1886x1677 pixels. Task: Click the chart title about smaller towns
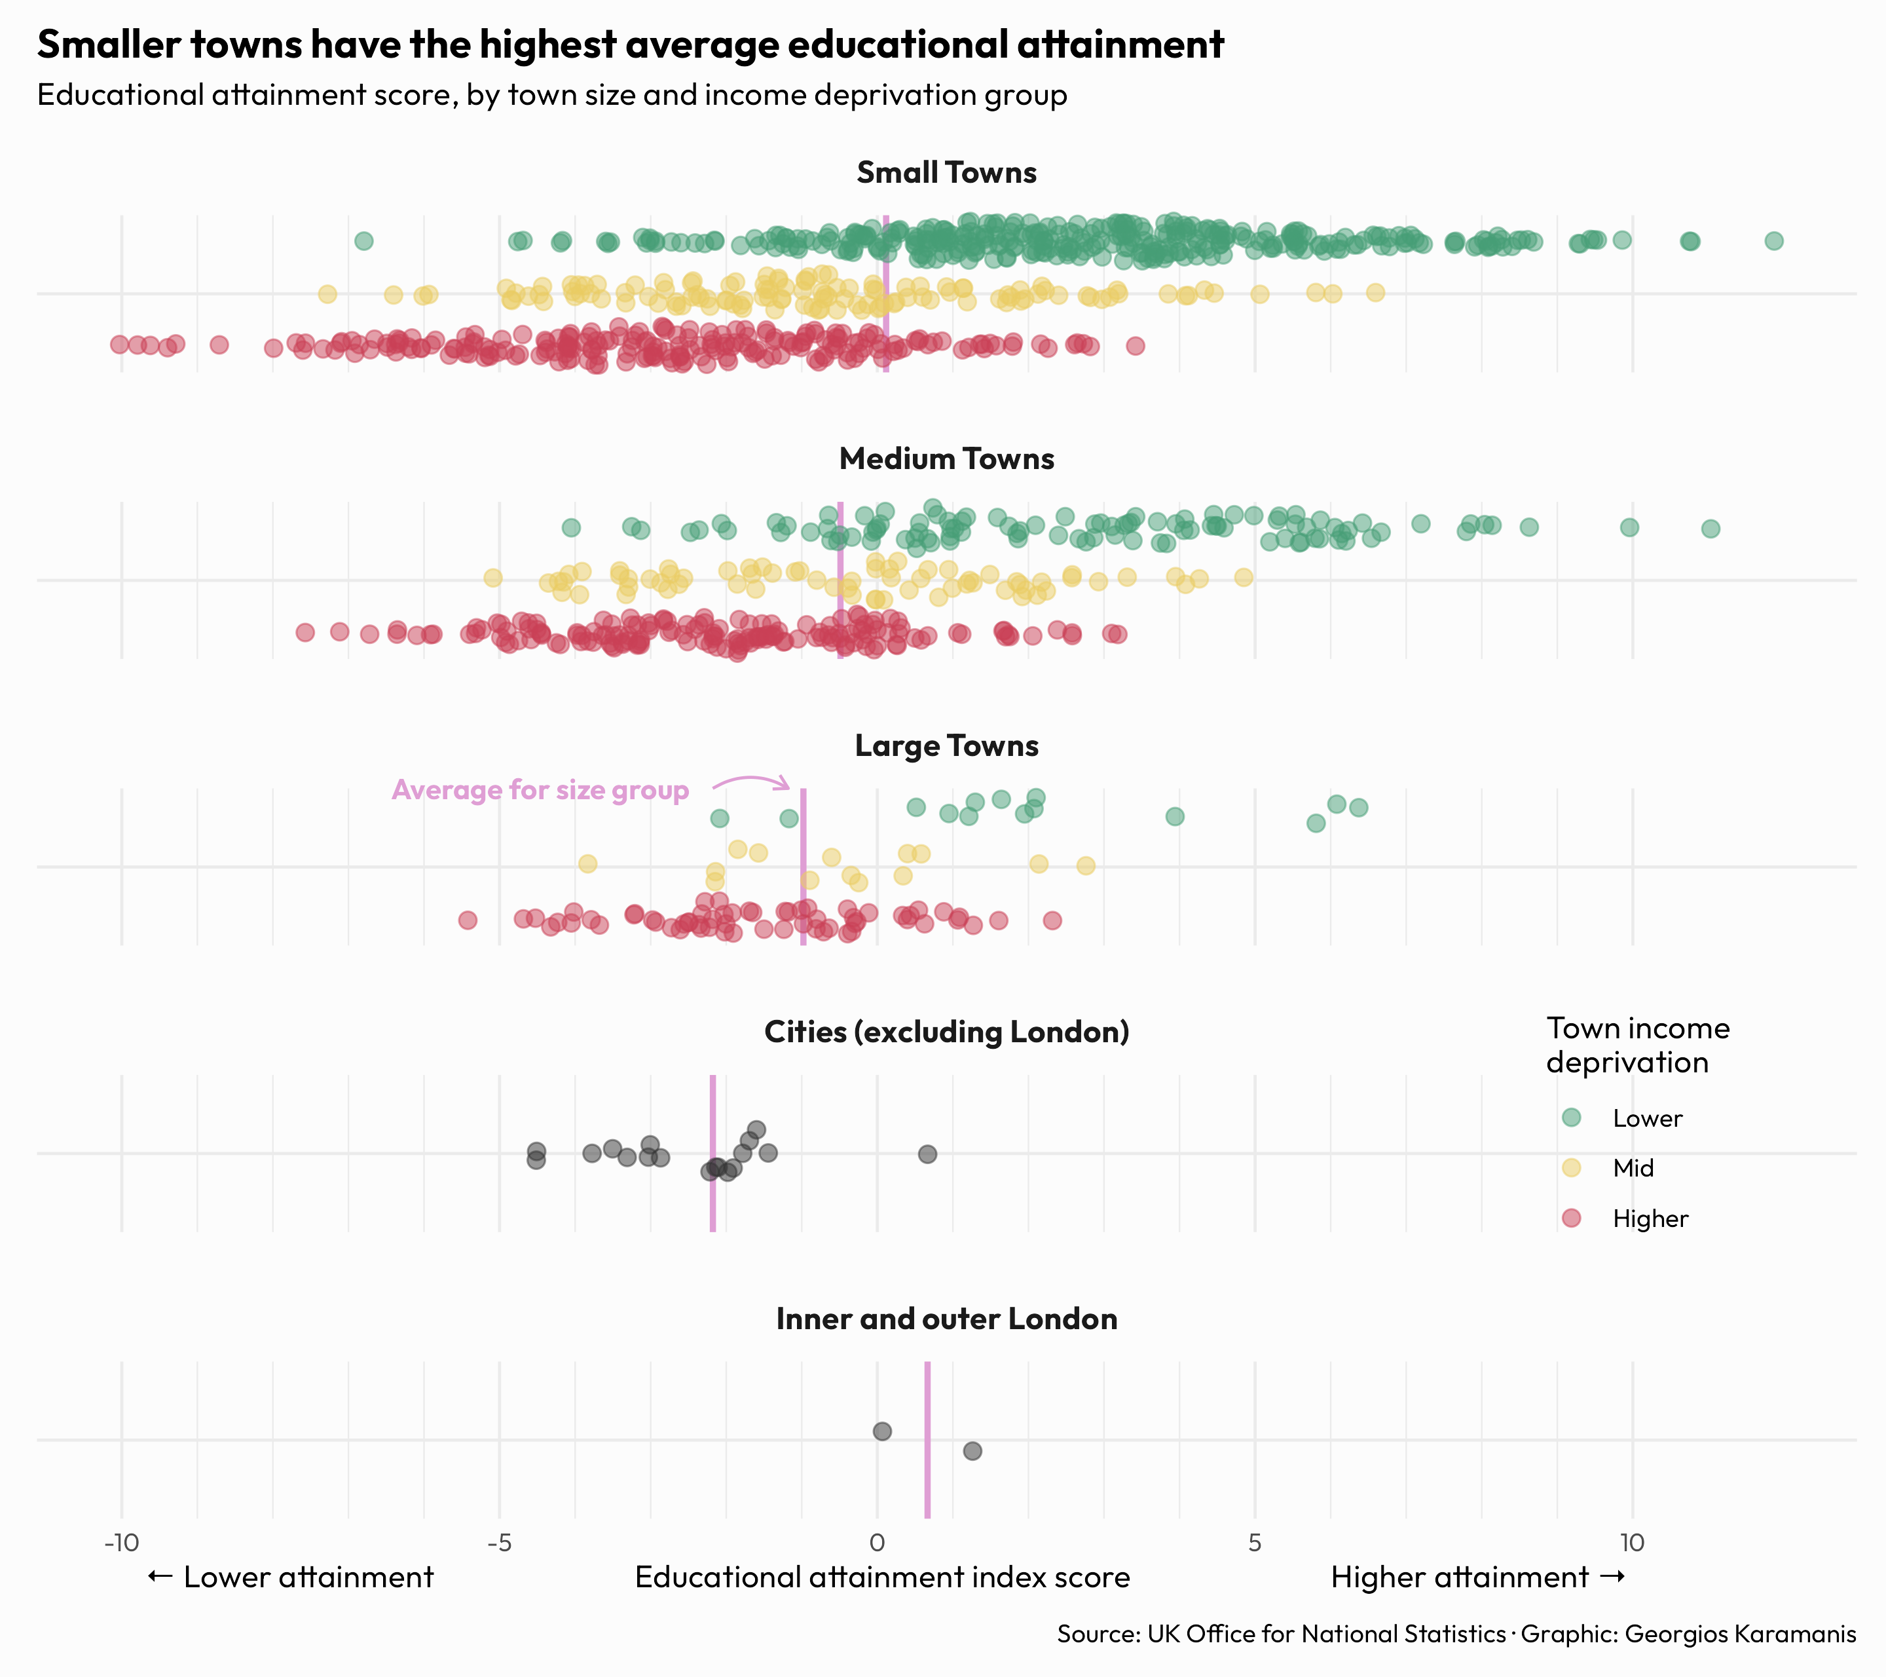pyautogui.click(x=630, y=45)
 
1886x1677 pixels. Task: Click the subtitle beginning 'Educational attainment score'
pyautogui.click(x=552, y=95)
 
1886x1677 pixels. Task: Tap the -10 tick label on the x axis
pyautogui.click(x=121, y=1542)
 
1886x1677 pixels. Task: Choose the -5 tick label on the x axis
pyautogui.click(x=499, y=1542)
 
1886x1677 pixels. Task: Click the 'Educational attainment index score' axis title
pyautogui.click(x=882, y=1577)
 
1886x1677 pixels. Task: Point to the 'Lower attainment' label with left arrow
pyautogui.click(x=291, y=1577)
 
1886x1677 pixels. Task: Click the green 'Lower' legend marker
pyautogui.click(x=1572, y=1118)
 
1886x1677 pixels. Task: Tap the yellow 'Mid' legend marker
pyautogui.click(x=1572, y=1167)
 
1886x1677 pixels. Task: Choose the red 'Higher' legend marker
pyautogui.click(x=1572, y=1218)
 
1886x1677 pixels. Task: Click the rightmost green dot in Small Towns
pyautogui.click(x=1773, y=241)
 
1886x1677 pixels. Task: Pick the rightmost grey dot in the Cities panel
pyautogui.click(x=927, y=1154)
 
